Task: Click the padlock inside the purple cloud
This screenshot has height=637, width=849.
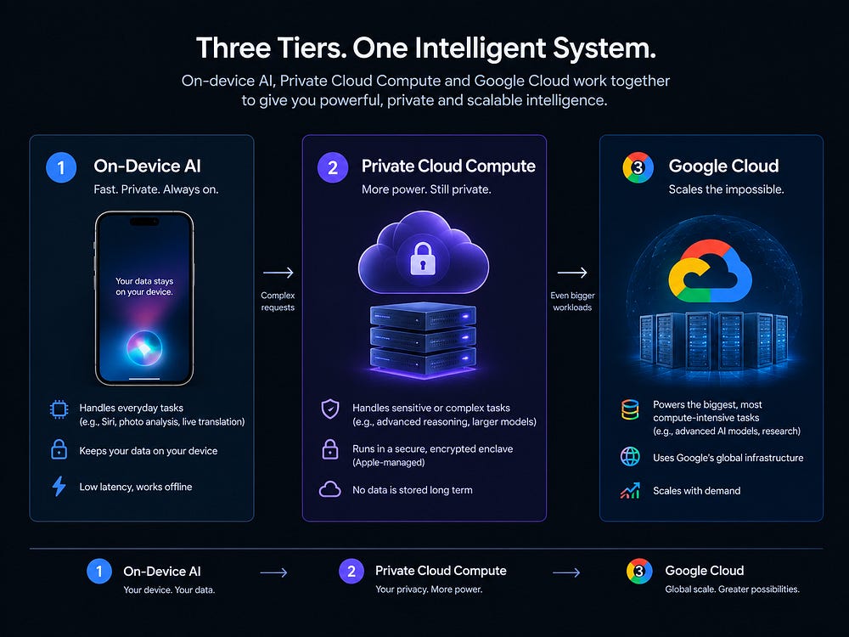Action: pyautogui.click(x=423, y=258)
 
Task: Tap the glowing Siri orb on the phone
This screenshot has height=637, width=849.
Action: pyautogui.click(x=144, y=348)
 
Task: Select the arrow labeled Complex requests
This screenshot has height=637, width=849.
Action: pyautogui.click(x=278, y=273)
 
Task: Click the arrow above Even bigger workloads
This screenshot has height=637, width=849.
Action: pyautogui.click(x=572, y=273)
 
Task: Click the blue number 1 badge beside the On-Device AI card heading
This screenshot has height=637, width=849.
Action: pyautogui.click(x=61, y=167)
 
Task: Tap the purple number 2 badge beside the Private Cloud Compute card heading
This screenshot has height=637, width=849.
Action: pyautogui.click(x=333, y=167)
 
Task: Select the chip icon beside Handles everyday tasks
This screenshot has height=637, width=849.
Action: pyautogui.click(x=59, y=409)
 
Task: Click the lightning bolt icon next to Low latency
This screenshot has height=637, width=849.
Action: pyautogui.click(x=59, y=487)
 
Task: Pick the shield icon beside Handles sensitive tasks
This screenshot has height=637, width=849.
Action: pyautogui.click(x=330, y=409)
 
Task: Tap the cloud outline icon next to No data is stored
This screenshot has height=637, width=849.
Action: pyautogui.click(x=329, y=489)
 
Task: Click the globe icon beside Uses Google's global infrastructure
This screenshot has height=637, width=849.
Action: pyautogui.click(x=630, y=457)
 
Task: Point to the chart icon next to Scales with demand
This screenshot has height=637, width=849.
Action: pyautogui.click(x=630, y=490)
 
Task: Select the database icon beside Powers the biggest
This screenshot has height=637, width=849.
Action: pyautogui.click(x=630, y=409)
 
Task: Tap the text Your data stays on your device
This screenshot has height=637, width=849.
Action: pyautogui.click(x=144, y=286)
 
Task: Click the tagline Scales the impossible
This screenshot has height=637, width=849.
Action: pyautogui.click(x=726, y=189)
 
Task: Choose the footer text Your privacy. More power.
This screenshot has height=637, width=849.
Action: pyautogui.click(x=429, y=589)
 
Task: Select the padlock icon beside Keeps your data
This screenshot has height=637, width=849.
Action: pyautogui.click(x=59, y=449)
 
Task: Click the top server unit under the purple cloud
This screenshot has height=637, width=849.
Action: pyautogui.click(x=423, y=316)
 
